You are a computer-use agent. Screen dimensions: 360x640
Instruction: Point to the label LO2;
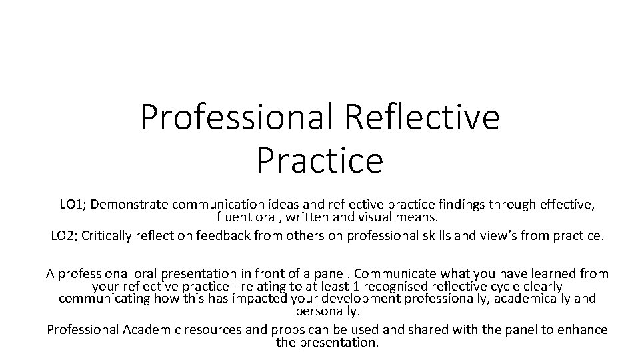pos(65,235)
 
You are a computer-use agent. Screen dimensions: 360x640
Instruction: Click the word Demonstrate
pos(126,205)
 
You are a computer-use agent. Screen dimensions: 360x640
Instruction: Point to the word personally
pos(327,311)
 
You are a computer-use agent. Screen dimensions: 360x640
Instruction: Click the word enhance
pos(583,329)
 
